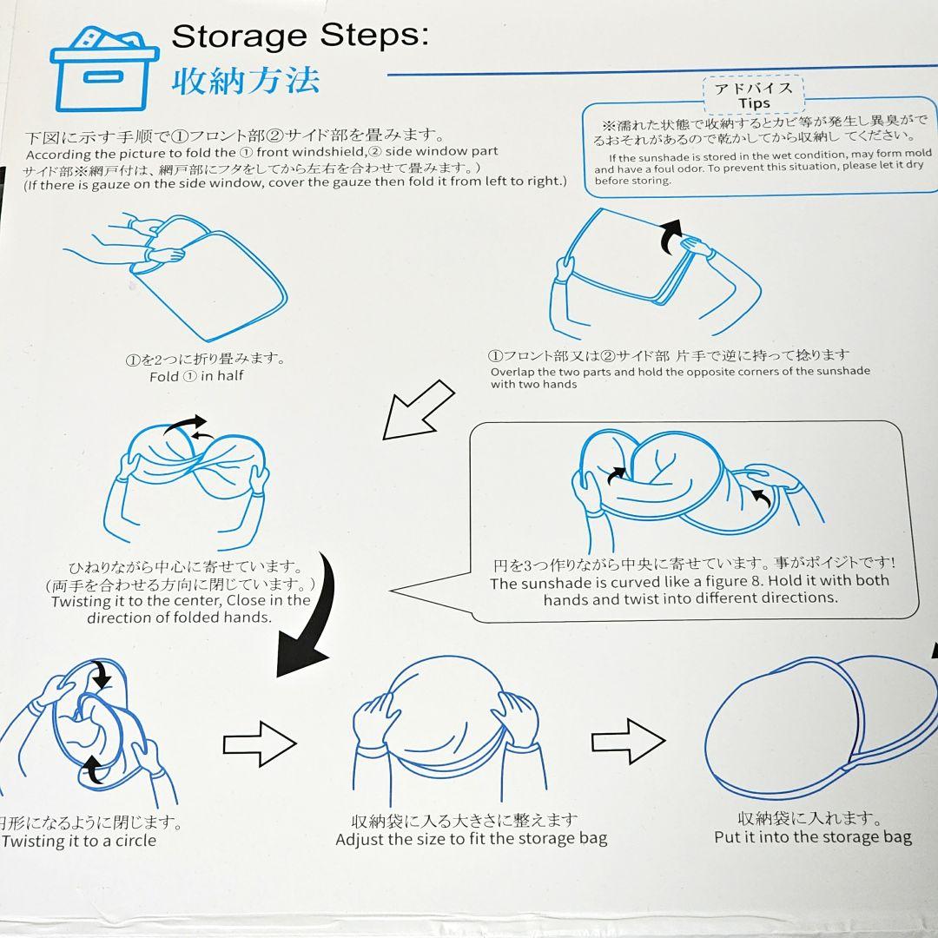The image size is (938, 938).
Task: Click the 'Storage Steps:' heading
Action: (301, 36)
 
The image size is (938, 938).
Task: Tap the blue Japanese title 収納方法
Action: (246, 81)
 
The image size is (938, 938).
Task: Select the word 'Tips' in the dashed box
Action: (754, 103)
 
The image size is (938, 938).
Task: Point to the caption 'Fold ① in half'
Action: (196, 376)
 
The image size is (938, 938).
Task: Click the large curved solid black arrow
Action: (308, 616)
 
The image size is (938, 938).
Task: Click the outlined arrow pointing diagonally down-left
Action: (418, 410)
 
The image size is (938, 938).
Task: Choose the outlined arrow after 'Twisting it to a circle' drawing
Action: (260, 743)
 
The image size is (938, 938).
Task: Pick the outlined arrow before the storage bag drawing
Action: (628, 742)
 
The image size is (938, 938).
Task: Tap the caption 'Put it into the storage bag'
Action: (813, 837)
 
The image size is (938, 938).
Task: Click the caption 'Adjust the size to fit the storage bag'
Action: (472, 839)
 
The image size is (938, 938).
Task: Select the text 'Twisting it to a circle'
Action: (79, 841)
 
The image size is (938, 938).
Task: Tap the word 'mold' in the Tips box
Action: (918, 153)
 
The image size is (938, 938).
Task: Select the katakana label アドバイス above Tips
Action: (753, 89)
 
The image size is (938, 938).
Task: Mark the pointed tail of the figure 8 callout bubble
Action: (391, 590)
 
